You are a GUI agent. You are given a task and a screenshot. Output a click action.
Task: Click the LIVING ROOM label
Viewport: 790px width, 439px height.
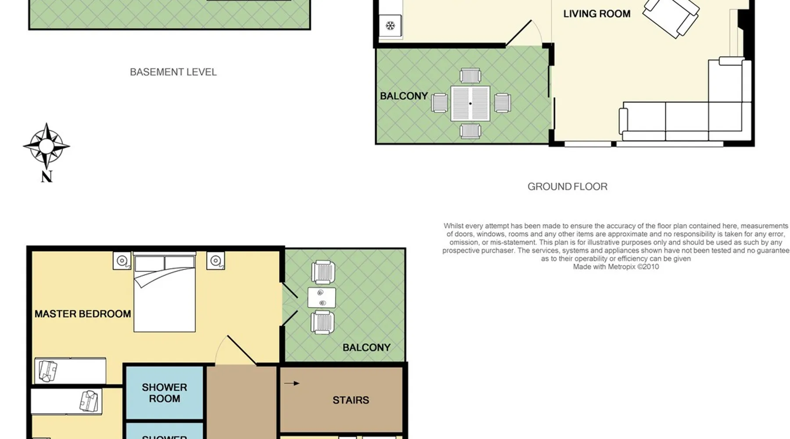597,14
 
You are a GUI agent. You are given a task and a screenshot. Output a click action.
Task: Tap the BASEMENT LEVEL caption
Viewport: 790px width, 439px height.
173,72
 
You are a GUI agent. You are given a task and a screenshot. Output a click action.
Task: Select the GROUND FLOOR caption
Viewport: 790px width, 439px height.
567,187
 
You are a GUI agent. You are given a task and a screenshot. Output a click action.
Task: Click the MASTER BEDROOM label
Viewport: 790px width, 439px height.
83,314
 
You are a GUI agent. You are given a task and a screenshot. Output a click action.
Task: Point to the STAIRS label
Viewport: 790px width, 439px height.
351,400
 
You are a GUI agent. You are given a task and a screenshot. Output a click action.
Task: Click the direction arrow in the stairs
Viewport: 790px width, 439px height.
292,383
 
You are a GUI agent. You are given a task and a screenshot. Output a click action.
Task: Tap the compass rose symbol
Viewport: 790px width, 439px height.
47,146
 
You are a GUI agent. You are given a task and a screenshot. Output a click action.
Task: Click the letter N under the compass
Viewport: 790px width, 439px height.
47,176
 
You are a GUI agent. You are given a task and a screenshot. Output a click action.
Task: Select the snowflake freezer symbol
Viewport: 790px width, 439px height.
390,26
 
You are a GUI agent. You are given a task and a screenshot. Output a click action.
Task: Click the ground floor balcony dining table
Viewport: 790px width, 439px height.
470,104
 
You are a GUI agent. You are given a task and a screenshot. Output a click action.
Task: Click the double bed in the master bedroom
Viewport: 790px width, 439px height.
165,292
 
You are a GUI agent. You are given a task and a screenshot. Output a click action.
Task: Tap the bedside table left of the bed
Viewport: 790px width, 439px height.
122,261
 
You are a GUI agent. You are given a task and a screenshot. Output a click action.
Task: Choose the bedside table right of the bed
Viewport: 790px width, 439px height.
215,261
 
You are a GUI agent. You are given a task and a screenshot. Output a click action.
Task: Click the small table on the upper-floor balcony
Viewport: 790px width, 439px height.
322,298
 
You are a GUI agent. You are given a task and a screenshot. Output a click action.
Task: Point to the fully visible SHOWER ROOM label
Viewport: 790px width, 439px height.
165,393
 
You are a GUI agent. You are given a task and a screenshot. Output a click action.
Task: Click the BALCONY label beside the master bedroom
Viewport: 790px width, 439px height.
366,348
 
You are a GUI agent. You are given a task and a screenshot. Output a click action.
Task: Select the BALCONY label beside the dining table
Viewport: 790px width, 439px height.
404,96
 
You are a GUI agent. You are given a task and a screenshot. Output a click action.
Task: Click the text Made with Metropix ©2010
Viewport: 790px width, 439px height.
616,266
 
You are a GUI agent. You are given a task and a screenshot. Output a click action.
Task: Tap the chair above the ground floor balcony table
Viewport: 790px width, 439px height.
470,76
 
